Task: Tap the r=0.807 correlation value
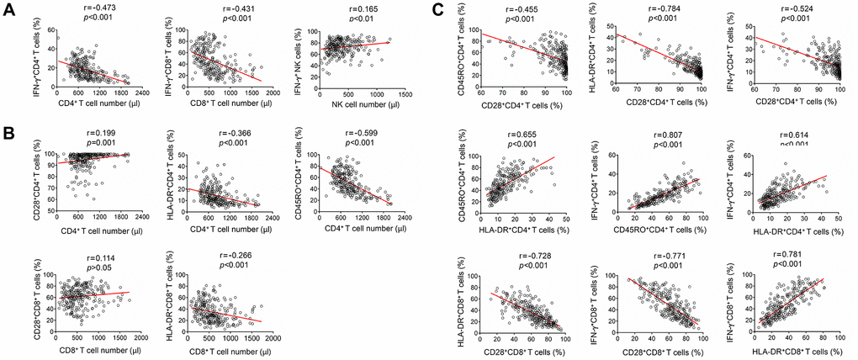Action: (x=646, y=132)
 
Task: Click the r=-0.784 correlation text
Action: (x=646, y=9)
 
